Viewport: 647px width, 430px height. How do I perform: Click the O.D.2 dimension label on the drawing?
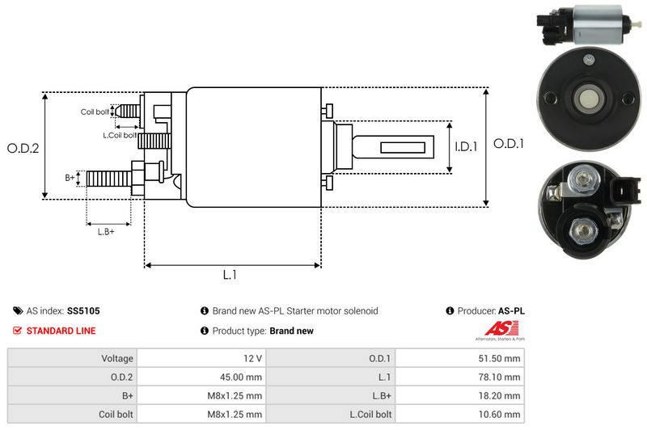click(23, 148)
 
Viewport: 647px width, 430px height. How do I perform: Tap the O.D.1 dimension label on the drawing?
click(509, 144)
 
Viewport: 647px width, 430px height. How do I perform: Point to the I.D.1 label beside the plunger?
click(467, 146)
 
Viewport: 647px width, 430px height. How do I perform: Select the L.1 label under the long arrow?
click(230, 275)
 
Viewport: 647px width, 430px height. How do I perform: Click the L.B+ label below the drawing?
click(106, 232)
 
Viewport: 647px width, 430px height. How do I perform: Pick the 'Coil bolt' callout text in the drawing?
click(95, 112)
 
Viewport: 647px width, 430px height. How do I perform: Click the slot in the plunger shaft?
click(402, 148)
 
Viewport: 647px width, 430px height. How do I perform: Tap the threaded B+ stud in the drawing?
click(109, 179)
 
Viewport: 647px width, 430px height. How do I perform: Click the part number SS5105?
click(83, 311)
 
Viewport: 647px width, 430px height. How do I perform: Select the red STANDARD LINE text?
click(61, 331)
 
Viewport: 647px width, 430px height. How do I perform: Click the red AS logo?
click(501, 329)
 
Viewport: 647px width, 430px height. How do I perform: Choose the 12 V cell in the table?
click(201, 358)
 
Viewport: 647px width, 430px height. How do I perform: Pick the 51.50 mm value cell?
click(460, 358)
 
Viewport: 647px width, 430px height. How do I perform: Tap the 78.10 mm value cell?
click(460, 377)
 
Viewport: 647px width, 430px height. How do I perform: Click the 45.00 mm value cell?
click(201, 377)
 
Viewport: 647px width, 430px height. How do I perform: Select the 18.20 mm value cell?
click(460, 396)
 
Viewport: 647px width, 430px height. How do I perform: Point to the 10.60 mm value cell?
click(460, 414)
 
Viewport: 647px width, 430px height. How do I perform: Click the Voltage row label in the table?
click(117, 358)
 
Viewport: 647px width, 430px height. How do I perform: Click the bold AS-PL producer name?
click(511, 311)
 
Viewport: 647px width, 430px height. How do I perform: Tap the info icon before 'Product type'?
click(205, 331)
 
